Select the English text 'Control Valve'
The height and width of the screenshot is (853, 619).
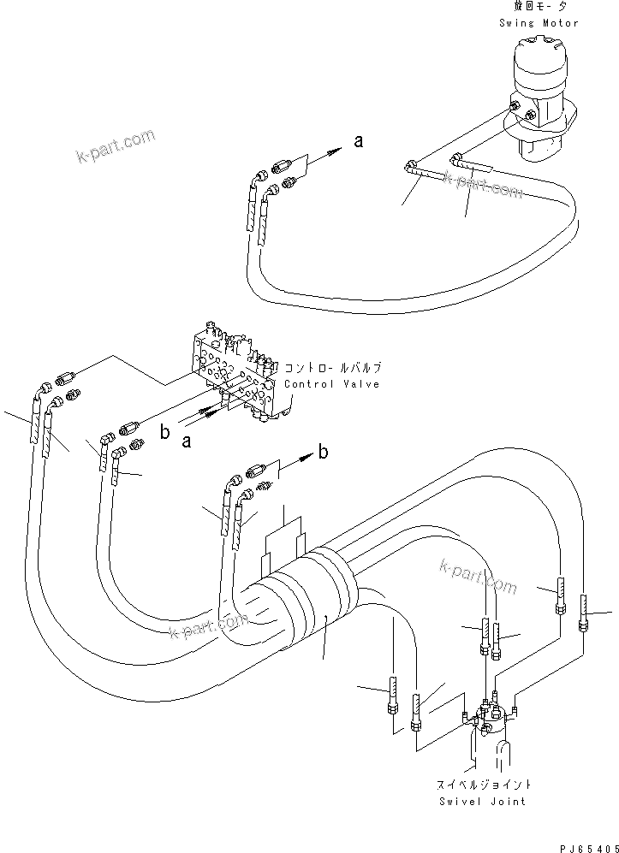(x=331, y=385)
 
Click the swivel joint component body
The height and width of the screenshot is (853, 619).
(x=489, y=719)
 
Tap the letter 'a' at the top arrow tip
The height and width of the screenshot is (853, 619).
(x=359, y=142)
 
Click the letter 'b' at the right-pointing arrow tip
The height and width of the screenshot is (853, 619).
(x=323, y=453)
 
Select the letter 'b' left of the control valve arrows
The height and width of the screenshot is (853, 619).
(x=164, y=432)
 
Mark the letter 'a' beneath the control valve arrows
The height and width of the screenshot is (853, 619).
(x=187, y=441)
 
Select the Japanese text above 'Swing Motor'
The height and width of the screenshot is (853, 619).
(x=539, y=9)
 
